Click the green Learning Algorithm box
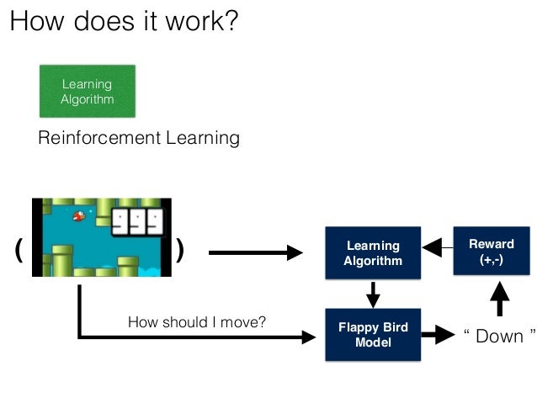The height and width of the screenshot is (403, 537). pyautogui.click(x=87, y=91)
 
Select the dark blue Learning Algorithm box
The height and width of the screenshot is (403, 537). pyautogui.click(x=373, y=253)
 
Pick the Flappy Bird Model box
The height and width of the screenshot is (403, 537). pyautogui.click(x=373, y=335)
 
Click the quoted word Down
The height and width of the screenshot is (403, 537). pyautogui.click(x=499, y=336)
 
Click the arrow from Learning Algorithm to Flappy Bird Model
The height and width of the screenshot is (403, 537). pyautogui.click(x=373, y=294)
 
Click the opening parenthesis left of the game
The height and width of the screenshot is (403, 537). pyautogui.click(x=19, y=250)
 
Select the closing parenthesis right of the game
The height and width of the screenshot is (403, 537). pyautogui.click(x=179, y=250)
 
